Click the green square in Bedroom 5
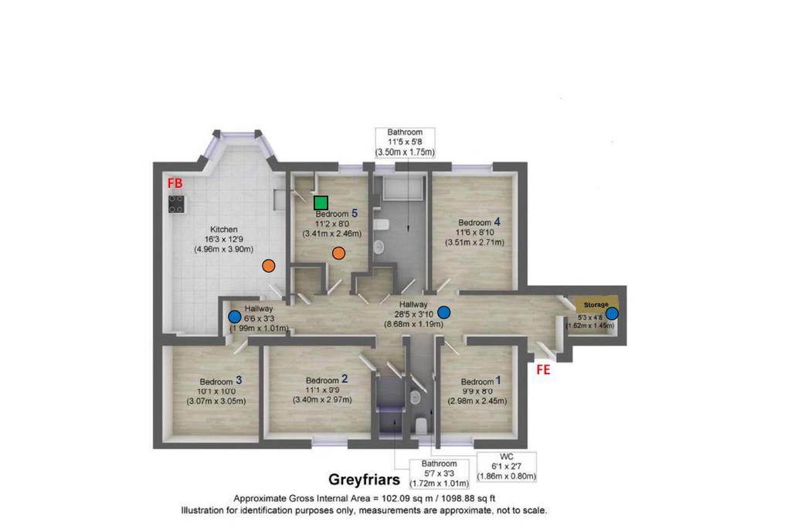pyautogui.click(x=321, y=203)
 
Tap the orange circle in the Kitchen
pyautogui.click(x=269, y=265)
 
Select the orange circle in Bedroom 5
pyautogui.click(x=338, y=253)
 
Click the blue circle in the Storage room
pyautogui.click(x=612, y=313)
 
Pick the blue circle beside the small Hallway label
pyautogui.click(x=235, y=317)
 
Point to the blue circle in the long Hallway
pyautogui.click(x=444, y=312)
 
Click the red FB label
pyautogui.click(x=175, y=183)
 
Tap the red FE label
pyautogui.click(x=543, y=370)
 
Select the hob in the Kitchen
pyautogui.click(x=176, y=204)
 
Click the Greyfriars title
pyautogui.click(x=365, y=479)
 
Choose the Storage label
pyautogui.click(x=596, y=305)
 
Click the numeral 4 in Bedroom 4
pyautogui.click(x=497, y=222)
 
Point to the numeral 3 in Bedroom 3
pyautogui.click(x=239, y=380)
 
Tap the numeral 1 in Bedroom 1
pyautogui.click(x=498, y=380)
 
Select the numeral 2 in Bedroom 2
pyautogui.click(x=345, y=379)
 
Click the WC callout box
pyautogui.click(x=506, y=467)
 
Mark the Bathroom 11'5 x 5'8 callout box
pyautogui.click(x=405, y=142)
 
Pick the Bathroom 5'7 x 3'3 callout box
pyautogui.click(x=439, y=474)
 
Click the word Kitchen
pyautogui.click(x=223, y=229)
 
